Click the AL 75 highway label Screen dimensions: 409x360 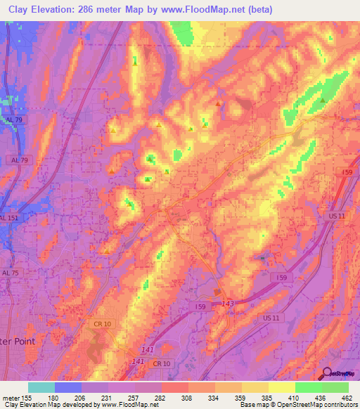11,273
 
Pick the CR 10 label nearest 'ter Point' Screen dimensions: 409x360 103,323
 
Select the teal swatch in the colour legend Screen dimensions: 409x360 41,387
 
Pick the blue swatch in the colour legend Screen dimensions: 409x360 68,387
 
